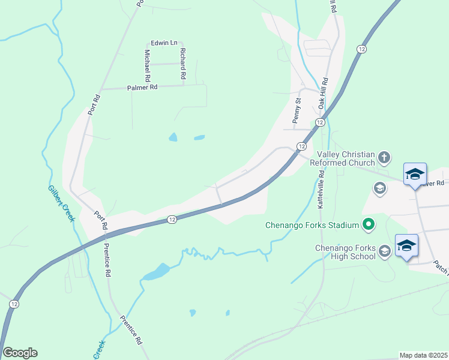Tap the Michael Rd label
coord(147,65)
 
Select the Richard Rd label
coord(182,64)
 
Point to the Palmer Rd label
coord(142,88)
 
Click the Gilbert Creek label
coord(61,203)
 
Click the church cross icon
coord(384,158)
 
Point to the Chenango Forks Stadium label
coord(312,226)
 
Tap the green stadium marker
coord(368,226)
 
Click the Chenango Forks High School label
coord(346,252)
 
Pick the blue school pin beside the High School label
coord(406,245)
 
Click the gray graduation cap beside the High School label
coord(384,252)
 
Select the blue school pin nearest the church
coord(415,175)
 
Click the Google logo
coord(20,353)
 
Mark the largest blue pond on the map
coord(155,272)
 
